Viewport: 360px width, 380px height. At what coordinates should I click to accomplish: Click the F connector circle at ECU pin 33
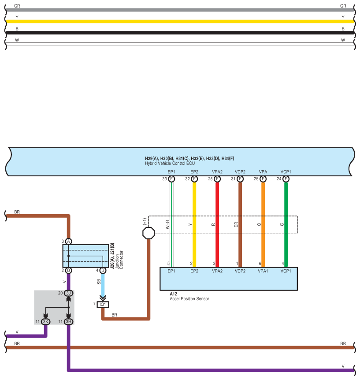(171, 179)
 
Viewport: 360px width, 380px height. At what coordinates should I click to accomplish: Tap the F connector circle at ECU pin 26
(217, 179)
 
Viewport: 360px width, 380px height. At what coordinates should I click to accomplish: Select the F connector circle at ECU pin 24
(286, 179)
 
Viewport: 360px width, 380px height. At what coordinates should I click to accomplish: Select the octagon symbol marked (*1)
(149, 233)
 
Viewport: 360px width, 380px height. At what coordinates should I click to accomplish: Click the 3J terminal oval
(68, 293)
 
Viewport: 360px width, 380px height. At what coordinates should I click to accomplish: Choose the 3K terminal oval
(45, 322)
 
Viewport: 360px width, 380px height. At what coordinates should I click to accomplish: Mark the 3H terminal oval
(68, 322)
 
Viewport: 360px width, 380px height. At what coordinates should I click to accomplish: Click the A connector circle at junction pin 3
(69, 242)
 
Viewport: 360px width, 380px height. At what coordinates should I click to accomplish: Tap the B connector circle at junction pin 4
(103, 270)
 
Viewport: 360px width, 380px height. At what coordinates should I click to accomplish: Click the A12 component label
(174, 294)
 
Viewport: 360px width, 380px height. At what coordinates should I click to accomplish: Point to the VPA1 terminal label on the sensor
(263, 271)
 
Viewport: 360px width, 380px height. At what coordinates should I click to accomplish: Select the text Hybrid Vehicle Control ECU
(170, 163)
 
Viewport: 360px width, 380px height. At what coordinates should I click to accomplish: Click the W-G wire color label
(168, 224)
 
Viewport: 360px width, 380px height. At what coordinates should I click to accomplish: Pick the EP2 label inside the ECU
(194, 171)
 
